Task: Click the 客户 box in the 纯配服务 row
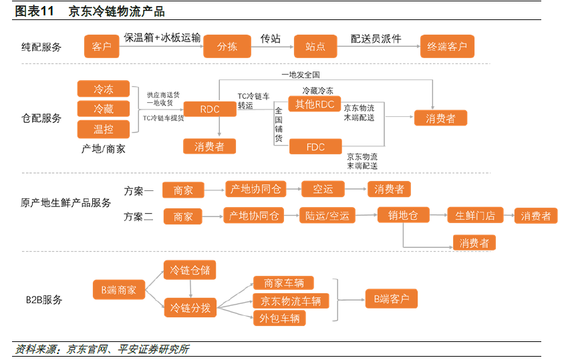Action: (102, 46)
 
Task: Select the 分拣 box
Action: (227, 46)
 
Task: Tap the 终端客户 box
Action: (447, 46)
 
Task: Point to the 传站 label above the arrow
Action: (271, 38)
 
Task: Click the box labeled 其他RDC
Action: (315, 104)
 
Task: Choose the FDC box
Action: (315, 147)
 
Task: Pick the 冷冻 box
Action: (103, 89)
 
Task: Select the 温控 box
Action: (103, 130)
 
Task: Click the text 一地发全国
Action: (301, 75)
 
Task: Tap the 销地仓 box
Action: (403, 215)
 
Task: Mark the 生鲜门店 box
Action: (475, 216)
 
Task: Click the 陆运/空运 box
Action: (327, 216)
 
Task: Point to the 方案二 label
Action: (138, 216)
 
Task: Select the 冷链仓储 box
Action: (190, 270)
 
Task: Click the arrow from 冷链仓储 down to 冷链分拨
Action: (190, 289)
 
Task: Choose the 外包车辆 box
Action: (279, 318)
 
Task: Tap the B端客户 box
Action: (391, 299)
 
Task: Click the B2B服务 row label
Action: (44, 299)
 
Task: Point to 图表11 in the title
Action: (34, 11)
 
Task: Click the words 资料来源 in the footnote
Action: (35, 349)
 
